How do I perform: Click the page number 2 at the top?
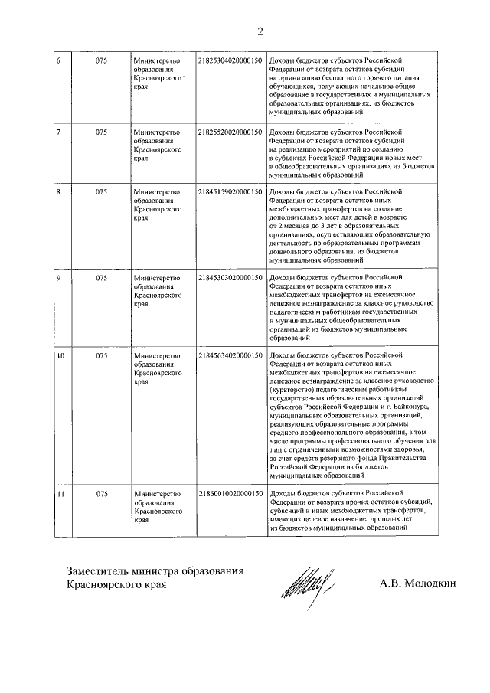pyautogui.click(x=260, y=31)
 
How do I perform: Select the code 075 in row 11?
pyautogui.click(x=101, y=494)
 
